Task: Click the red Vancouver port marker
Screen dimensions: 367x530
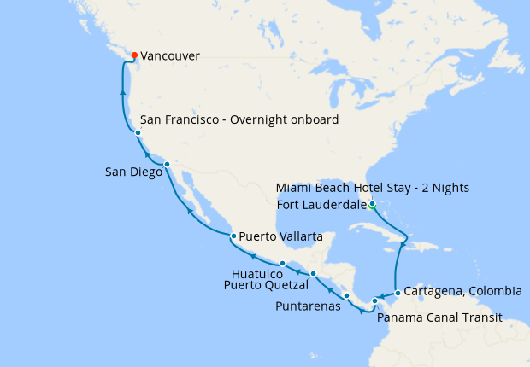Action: point(134,55)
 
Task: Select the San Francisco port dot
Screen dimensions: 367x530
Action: point(138,133)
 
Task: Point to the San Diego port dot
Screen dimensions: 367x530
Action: point(167,164)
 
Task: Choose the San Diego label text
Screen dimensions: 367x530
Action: point(132,172)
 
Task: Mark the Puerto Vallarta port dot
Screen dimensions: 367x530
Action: point(233,236)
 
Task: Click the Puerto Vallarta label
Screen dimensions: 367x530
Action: point(281,236)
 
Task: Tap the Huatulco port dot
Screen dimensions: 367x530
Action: point(282,263)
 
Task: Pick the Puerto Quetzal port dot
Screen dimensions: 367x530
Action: point(314,273)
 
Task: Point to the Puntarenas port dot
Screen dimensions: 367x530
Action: point(346,296)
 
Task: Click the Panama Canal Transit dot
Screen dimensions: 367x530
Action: point(375,300)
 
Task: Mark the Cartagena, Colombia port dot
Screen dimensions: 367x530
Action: point(397,292)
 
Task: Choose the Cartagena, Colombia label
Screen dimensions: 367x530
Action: point(462,291)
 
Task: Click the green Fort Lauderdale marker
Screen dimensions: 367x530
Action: point(372,204)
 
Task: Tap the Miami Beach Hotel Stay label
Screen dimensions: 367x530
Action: point(372,188)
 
